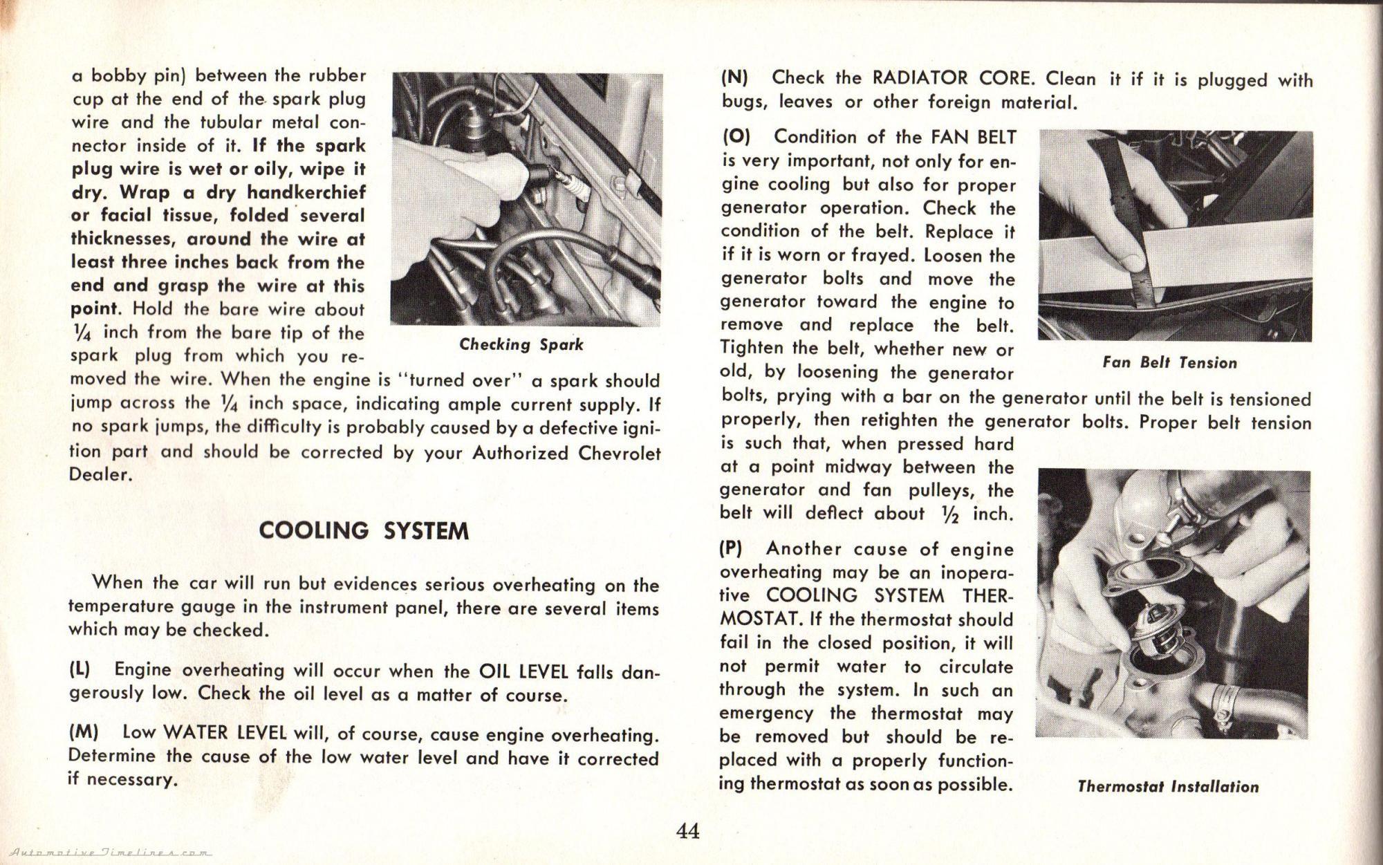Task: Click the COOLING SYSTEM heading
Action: tap(364, 531)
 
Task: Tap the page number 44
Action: tap(688, 830)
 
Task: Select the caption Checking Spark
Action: tap(521, 344)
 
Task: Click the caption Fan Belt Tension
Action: tap(1169, 363)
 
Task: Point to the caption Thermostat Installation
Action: tap(1168, 787)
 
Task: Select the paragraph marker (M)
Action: tap(83, 732)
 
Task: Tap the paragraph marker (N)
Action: tap(734, 77)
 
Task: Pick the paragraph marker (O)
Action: tap(736, 136)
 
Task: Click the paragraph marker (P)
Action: tap(730, 549)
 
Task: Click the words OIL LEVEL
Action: tap(523, 671)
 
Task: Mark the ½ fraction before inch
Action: tap(951, 514)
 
